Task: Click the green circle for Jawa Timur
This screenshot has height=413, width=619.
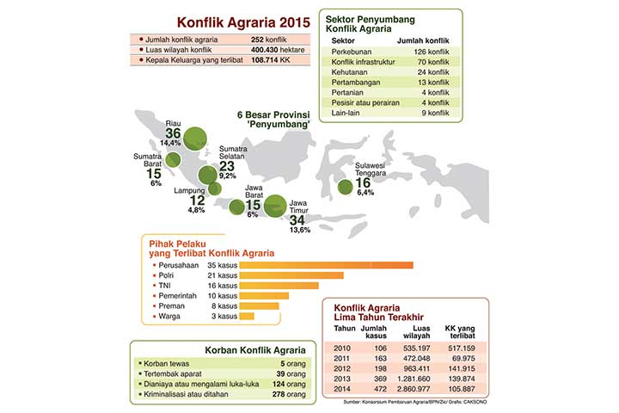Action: [x=275, y=206]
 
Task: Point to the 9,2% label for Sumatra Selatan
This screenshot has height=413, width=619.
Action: [x=227, y=175]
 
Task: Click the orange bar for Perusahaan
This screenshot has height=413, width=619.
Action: [x=326, y=265]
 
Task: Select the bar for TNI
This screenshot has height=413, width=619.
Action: [x=279, y=285]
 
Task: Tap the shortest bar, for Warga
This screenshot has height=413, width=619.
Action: [x=247, y=316]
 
